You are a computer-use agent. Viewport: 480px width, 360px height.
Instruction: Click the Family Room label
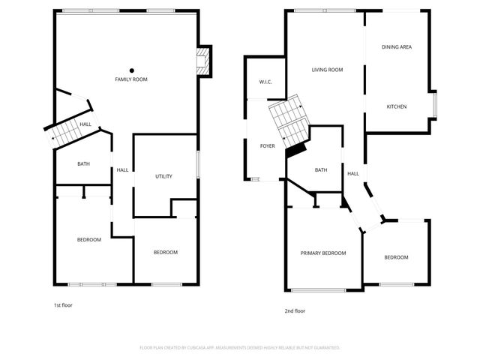(x=130, y=79)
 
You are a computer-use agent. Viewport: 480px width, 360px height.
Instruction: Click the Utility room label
(x=163, y=176)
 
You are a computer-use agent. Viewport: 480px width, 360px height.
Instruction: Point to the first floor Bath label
(x=84, y=163)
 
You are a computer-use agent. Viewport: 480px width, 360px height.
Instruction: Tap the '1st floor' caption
(x=63, y=305)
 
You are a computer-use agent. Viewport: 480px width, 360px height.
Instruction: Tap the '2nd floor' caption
(x=295, y=310)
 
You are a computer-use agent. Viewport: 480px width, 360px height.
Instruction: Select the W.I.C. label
(x=265, y=82)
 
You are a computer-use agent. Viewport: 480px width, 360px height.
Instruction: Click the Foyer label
(x=268, y=146)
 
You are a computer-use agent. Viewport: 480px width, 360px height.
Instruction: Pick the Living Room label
(x=327, y=70)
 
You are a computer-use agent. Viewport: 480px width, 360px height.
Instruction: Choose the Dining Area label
(x=397, y=47)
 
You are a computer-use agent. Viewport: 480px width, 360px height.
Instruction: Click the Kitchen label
(x=397, y=106)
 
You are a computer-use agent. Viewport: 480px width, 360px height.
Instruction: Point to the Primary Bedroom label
(x=323, y=253)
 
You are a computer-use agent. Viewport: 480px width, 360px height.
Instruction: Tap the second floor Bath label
(x=321, y=170)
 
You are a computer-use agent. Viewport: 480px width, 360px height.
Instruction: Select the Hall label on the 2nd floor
(x=352, y=174)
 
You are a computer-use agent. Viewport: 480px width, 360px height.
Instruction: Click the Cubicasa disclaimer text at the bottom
(x=240, y=348)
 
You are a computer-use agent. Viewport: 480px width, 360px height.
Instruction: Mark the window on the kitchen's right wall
(x=435, y=104)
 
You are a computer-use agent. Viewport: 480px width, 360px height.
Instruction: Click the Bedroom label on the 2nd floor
(x=396, y=257)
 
